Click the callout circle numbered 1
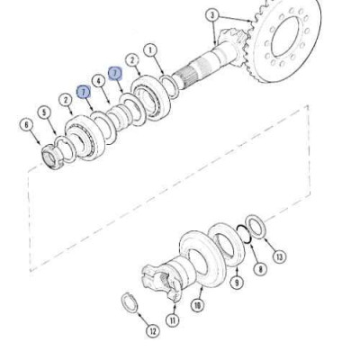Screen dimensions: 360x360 click(150, 51)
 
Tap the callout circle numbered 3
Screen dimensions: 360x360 click(212, 15)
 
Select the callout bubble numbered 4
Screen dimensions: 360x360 click(99, 82)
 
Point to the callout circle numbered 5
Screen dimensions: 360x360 click(45, 112)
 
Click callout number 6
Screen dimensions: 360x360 click(27, 125)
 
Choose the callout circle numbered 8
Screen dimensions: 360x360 click(260, 268)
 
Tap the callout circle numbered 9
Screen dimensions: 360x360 click(237, 283)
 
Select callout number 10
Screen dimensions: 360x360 click(198, 306)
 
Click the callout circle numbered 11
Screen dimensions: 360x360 click(174, 320)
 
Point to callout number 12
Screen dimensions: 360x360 click(153, 331)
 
